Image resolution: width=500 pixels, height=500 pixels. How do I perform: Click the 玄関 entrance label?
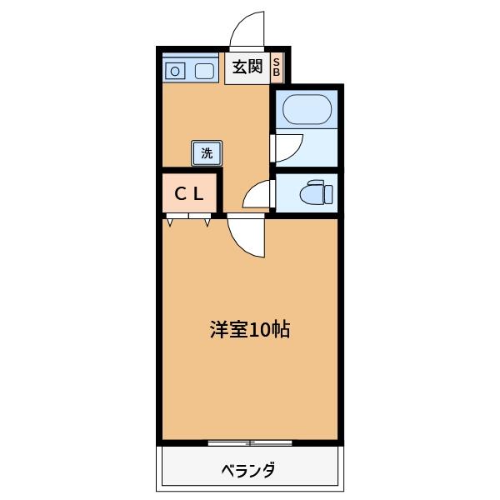pyautogui.click(x=247, y=67)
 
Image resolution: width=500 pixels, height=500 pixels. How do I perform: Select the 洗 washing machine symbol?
pyautogui.click(x=207, y=153)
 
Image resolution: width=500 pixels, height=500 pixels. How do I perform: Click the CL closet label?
pyautogui.click(x=190, y=194)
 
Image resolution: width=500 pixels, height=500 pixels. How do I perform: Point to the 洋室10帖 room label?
pyautogui.click(x=249, y=329)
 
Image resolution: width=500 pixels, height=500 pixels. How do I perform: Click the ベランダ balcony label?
pyautogui.click(x=248, y=470)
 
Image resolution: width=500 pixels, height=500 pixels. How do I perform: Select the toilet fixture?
pyautogui.click(x=317, y=193)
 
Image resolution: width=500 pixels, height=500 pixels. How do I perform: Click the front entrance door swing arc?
pyautogui.click(x=247, y=30)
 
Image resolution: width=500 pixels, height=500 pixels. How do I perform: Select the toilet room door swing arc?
pyautogui.click(x=257, y=195)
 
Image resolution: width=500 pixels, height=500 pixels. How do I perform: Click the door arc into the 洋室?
pyautogui.click(x=247, y=238)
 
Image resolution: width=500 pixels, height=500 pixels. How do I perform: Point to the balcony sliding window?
pyautogui.click(x=249, y=442)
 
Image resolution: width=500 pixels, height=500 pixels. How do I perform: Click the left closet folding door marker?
pyautogui.click(x=172, y=220)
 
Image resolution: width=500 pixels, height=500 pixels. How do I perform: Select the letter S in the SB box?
pyautogui.click(x=277, y=62)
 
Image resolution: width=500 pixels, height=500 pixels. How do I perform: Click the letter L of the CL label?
pyautogui.click(x=200, y=194)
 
